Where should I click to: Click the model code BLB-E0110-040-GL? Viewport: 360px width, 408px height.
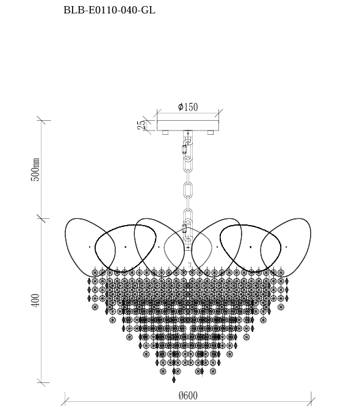click(x=109, y=10)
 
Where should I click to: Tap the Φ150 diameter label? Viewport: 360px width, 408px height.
click(x=188, y=107)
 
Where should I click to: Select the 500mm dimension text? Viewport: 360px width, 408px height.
click(x=35, y=170)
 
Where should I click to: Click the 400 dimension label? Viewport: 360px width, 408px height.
click(x=35, y=300)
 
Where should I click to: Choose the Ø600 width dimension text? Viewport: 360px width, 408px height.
click(x=188, y=396)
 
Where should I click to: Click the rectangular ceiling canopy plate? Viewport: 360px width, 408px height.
click(x=188, y=125)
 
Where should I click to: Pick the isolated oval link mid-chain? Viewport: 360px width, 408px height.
click(x=188, y=189)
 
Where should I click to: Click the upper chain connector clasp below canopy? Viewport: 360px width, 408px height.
click(x=184, y=149)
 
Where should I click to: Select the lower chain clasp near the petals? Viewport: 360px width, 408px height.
click(x=184, y=229)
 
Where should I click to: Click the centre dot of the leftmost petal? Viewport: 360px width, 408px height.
click(x=90, y=247)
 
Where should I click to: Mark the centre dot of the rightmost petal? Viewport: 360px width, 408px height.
click(x=286, y=247)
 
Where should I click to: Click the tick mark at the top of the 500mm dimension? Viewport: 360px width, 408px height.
click(x=41, y=120)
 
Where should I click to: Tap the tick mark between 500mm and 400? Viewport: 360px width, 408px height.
click(x=41, y=218)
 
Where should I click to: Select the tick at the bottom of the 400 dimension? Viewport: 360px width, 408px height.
click(x=41, y=383)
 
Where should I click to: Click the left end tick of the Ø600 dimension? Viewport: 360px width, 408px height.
click(x=65, y=401)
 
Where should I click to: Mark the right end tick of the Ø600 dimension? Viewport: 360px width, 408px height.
click(x=311, y=401)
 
